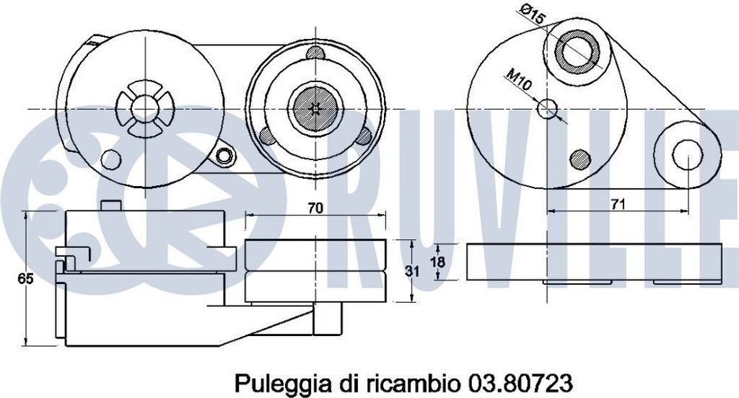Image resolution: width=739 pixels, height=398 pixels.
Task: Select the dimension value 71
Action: pos(617,204)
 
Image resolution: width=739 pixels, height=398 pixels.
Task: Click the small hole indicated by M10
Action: pos(548,109)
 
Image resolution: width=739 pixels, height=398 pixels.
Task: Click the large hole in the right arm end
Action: pos(688,153)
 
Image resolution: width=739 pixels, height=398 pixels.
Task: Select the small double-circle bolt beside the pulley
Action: pos(227,155)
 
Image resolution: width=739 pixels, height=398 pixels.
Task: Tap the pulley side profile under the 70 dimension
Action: pos(315,271)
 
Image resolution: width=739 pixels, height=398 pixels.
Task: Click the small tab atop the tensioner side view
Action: pos(110,205)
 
